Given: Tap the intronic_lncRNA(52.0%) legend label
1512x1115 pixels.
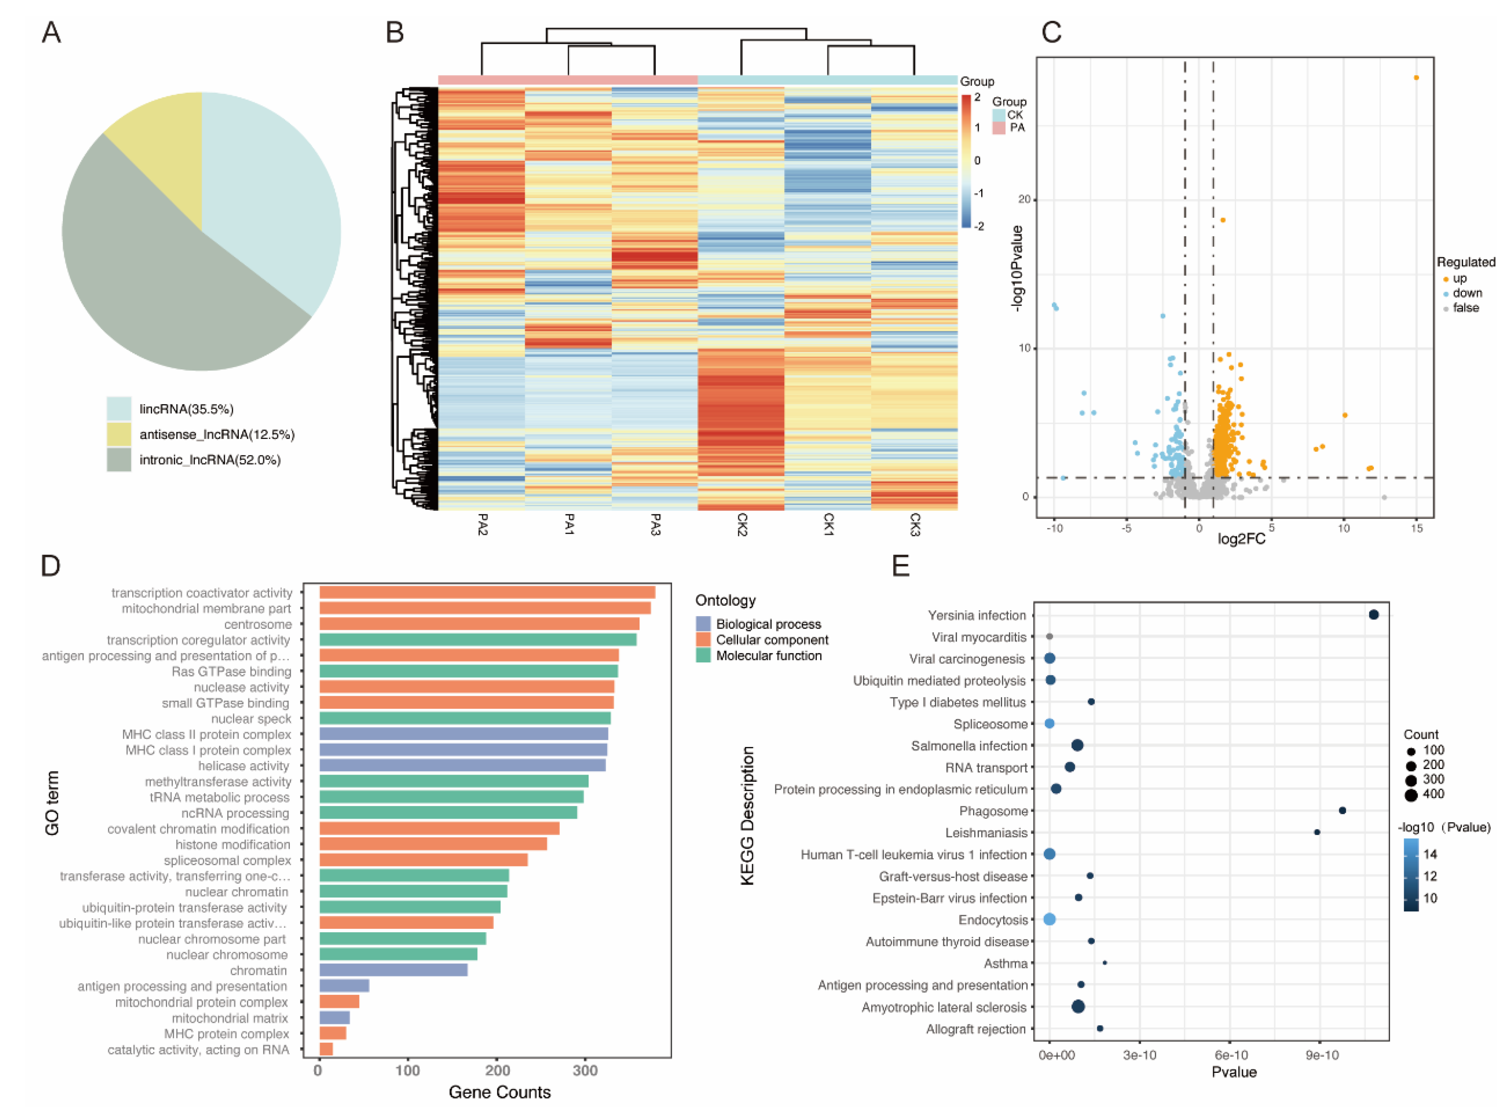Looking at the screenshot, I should [x=210, y=460].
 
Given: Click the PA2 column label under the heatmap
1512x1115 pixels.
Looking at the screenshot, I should [x=482, y=524].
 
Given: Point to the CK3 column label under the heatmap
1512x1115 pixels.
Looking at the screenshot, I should [x=915, y=524].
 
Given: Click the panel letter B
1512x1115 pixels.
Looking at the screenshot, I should [x=395, y=32].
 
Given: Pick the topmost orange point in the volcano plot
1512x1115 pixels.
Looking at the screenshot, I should [x=1416, y=78].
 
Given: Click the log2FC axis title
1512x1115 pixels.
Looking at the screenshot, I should [x=1240, y=539].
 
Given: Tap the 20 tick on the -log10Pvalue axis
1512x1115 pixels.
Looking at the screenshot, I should [x=1025, y=199].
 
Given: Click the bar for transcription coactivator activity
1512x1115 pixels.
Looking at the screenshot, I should [x=487, y=593].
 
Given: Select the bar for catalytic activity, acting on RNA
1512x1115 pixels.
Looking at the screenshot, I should [x=326, y=1050].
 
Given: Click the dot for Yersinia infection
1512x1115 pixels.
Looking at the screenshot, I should [x=1373, y=615].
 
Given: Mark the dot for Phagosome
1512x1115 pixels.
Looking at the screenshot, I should [x=1342, y=811].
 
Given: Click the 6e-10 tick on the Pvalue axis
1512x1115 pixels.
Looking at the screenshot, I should [x=1231, y=1056].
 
